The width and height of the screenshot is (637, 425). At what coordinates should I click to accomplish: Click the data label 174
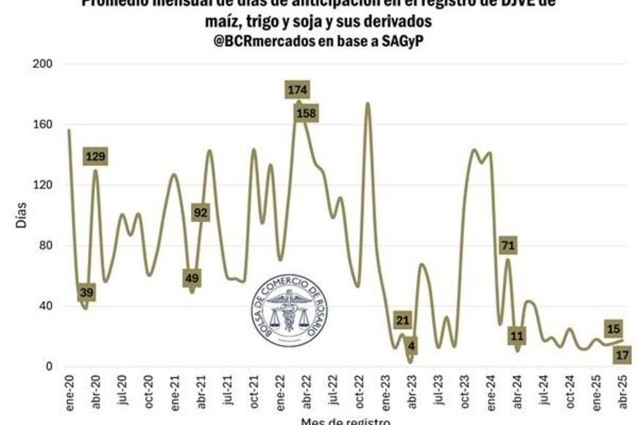tap(297, 90)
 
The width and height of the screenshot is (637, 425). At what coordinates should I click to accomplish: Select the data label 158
tap(306, 114)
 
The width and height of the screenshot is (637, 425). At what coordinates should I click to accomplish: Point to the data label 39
tap(86, 293)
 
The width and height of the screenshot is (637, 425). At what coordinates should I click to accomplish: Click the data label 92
tap(201, 212)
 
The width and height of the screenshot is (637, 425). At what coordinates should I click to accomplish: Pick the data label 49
tap(192, 278)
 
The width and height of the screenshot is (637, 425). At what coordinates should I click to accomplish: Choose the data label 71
tap(508, 245)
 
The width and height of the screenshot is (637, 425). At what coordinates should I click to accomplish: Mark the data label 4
tap(411, 346)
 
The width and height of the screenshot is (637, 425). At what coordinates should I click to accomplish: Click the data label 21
tap(402, 319)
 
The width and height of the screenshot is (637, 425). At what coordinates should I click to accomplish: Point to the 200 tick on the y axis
tap(43, 64)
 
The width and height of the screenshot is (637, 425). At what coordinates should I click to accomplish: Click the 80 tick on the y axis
tap(46, 245)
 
